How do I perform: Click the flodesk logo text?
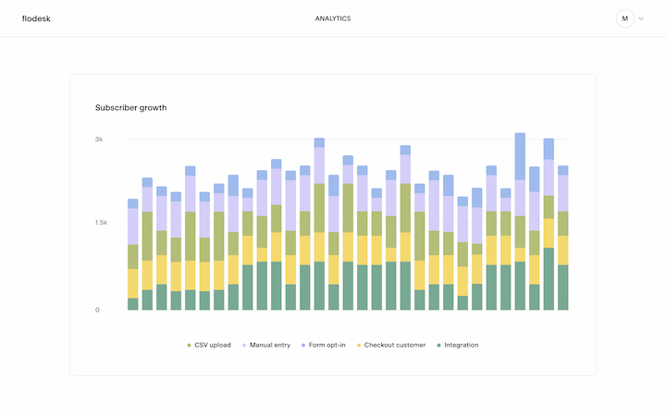tap(36, 18)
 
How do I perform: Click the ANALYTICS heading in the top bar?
tap(333, 18)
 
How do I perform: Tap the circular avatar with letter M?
tap(625, 18)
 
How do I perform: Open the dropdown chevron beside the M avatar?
tap(641, 18)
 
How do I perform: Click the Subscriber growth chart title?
tap(130, 107)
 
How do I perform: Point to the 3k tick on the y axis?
tap(98, 140)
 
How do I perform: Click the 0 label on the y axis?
tap(97, 310)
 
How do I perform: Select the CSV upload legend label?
tap(213, 345)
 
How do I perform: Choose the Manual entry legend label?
tap(270, 345)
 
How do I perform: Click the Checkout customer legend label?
tap(395, 345)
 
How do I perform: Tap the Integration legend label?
tap(462, 345)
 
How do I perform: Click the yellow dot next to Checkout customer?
tap(359, 345)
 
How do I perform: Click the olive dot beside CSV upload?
tap(190, 345)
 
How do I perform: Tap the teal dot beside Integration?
tap(438, 345)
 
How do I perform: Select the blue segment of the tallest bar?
tap(520, 156)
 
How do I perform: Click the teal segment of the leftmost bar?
tap(132, 304)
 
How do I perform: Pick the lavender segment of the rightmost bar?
tap(562, 192)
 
